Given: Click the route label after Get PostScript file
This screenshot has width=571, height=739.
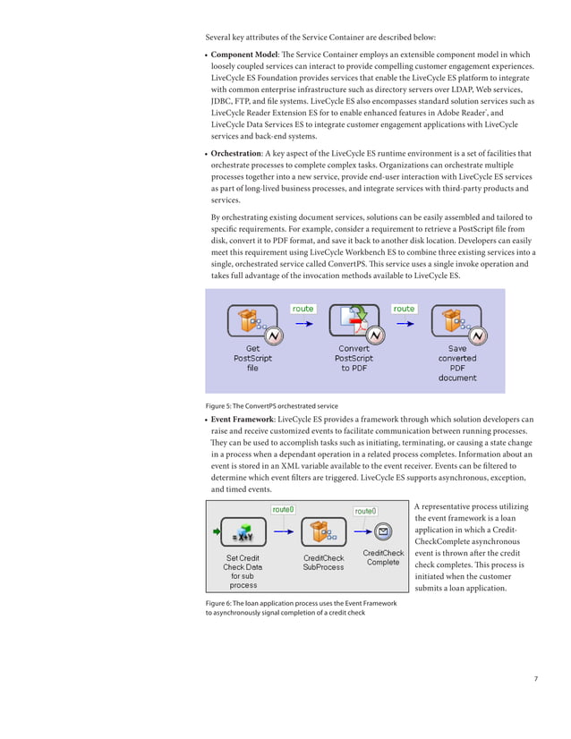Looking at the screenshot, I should point(303,309).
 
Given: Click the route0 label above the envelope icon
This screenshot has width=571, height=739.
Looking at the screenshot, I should point(365,511).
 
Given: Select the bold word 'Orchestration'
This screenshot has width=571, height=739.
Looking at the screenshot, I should point(235,153).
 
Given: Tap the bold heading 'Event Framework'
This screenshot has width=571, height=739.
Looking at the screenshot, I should point(242,419).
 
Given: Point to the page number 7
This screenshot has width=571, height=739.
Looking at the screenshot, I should point(535,679).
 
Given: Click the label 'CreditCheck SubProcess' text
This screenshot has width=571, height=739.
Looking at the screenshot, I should point(323,562).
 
